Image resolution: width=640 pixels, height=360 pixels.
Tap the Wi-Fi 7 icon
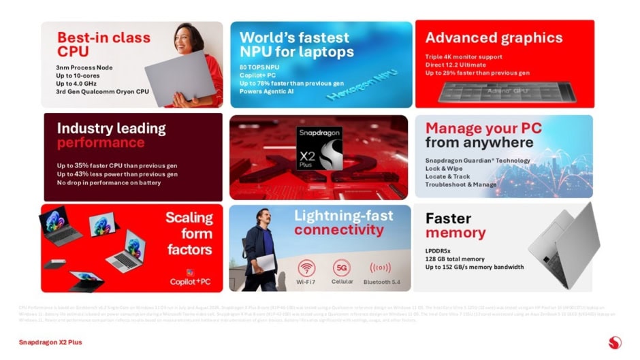[306, 267]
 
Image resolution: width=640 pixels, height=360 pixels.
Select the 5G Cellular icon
[342, 267]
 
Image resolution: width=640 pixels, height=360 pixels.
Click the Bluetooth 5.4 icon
[380, 267]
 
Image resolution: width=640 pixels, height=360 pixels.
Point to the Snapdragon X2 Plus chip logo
[319, 148]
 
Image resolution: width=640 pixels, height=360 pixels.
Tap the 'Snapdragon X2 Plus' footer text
[50, 342]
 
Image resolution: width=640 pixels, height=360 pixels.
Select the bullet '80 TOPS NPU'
[259, 67]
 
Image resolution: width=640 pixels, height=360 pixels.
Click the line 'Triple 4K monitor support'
[464, 56]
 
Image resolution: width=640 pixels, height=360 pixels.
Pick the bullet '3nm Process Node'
[84, 67]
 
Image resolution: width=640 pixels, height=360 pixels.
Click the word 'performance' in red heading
[101, 143]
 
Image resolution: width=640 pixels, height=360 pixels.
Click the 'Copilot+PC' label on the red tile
[191, 280]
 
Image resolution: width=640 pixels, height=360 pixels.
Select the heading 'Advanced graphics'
[494, 37]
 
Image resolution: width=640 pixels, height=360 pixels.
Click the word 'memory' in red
[455, 233]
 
